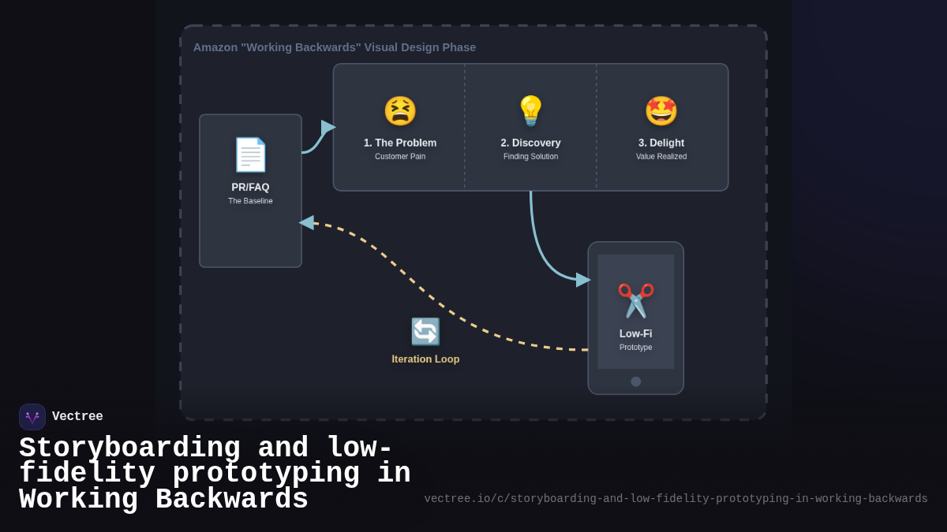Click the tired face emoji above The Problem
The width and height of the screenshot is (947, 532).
click(x=400, y=111)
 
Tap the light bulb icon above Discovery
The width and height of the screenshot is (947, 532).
click(x=530, y=111)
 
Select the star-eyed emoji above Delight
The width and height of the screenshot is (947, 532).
click(x=661, y=111)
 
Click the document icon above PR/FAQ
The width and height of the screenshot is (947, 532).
click(x=250, y=154)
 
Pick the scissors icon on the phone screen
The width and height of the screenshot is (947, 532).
click(x=635, y=300)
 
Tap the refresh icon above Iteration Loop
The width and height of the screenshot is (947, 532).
click(x=425, y=332)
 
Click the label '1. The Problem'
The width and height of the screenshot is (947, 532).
click(x=400, y=143)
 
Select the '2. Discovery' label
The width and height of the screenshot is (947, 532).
click(x=530, y=143)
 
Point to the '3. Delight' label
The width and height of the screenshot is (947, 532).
click(x=661, y=143)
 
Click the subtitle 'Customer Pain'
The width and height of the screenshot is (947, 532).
click(x=400, y=157)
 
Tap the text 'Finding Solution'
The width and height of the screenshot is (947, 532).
click(x=530, y=157)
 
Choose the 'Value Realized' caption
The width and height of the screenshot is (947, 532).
click(x=661, y=157)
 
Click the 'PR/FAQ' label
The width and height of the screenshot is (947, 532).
click(x=250, y=188)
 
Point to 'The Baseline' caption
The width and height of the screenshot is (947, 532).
click(x=250, y=201)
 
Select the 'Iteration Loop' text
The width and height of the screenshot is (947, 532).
click(x=425, y=359)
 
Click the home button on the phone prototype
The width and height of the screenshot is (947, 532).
click(x=636, y=381)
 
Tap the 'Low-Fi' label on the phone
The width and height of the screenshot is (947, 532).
click(x=635, y=333)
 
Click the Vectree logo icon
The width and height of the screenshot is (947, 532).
click(x=32, y=417)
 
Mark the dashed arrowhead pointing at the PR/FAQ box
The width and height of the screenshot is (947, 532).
click(x=307, y=223)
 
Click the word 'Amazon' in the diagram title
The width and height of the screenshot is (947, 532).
click(x=215, y=47)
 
